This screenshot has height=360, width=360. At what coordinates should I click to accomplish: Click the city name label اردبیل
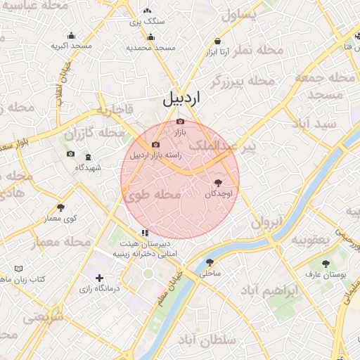click(180, 98)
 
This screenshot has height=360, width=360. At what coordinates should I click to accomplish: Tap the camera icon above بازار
click(180, 122)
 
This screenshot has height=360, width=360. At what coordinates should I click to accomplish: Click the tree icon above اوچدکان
click(217, 181)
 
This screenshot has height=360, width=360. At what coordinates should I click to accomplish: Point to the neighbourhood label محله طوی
click(153, 195)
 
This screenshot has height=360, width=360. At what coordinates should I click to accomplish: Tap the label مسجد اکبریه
click(71, 46)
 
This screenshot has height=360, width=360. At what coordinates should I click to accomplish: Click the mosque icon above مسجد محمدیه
click(150, 37)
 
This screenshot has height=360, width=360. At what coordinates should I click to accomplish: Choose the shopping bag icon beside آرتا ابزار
click(217, 41)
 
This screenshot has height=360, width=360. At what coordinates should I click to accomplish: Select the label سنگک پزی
click(148, 21)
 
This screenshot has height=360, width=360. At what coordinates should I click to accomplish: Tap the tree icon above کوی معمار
click(61, 207)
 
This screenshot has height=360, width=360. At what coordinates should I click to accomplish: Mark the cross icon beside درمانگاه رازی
click(99, 278)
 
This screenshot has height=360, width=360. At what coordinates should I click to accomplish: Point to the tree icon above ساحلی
click(209, 262)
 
